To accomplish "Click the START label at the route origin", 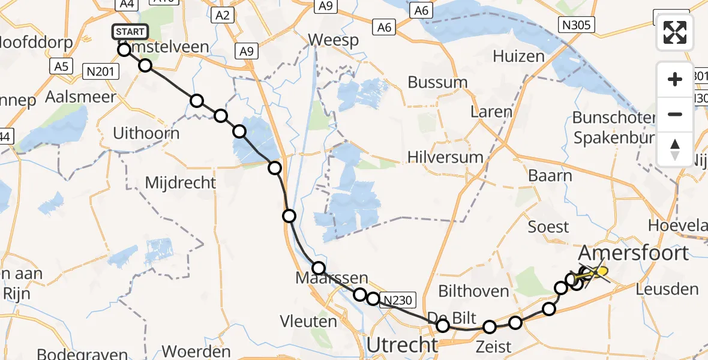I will point(128,32).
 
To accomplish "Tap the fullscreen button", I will point(675,32).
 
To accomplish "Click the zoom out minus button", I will point(675,114).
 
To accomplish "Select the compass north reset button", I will point(675,149).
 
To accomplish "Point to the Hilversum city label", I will point(445,157).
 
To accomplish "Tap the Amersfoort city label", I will point(634,253).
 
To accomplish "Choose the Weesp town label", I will point(334,40).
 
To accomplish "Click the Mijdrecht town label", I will point(181,182).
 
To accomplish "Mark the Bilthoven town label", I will point(474,292).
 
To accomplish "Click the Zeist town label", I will point(493,346).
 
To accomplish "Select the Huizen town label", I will point(518,56).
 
